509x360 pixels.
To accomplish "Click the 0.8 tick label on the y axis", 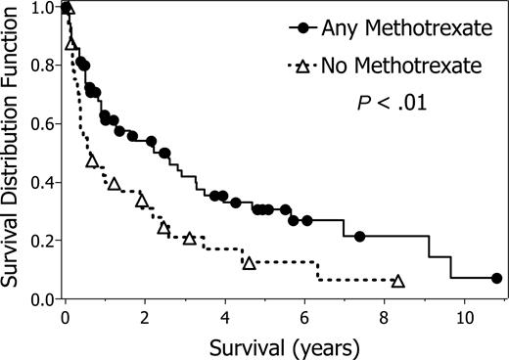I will [42, 67].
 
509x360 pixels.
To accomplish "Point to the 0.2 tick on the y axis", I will [42, 241].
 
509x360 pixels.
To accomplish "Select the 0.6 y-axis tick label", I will [42, 124].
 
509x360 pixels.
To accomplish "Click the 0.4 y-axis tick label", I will [42, 183].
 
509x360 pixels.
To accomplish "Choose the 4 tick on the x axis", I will [225, 316].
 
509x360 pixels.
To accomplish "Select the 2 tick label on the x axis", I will [145, 316].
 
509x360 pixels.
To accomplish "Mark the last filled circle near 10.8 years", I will [495, 279].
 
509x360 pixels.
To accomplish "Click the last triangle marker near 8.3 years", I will [397, 281].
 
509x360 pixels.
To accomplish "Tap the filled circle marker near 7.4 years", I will [359, 237].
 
